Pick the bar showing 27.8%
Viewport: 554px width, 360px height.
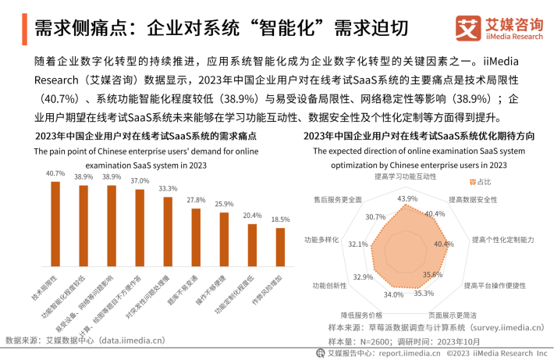pos(196,238)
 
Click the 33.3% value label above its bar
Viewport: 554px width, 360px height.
pos(168,189)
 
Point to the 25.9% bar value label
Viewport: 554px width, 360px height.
pos(224,203)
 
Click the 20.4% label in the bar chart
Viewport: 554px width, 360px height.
pos(252,216)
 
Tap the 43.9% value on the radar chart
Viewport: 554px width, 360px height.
pos(407,199)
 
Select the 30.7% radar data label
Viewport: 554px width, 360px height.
pos(375,217)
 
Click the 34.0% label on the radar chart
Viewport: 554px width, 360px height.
pos(393,294)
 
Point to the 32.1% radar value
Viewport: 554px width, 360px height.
pos(358,244)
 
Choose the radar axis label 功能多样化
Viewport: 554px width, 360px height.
pos(320,239)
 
